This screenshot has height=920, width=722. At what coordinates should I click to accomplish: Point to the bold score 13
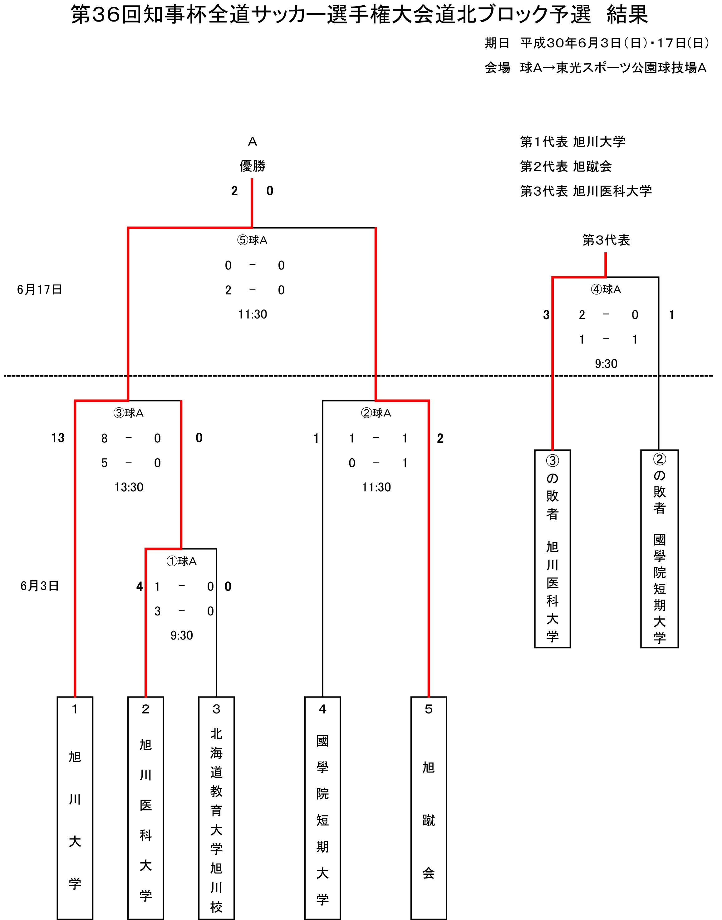(58, 438)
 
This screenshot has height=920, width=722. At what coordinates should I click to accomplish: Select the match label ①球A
(181, 561)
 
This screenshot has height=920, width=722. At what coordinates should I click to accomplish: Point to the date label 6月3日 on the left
(40, 586)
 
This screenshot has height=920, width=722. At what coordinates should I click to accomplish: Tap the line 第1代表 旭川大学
(572, 142)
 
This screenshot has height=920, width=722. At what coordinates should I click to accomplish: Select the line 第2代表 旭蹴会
(566, 166)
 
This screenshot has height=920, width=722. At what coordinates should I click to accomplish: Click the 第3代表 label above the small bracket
(606, 240)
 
